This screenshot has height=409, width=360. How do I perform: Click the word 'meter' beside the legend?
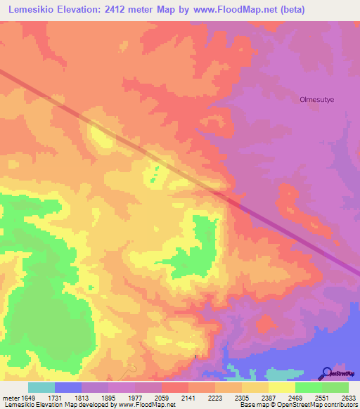[x=11, y=398]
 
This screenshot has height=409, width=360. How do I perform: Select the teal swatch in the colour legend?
[x=41, y=387]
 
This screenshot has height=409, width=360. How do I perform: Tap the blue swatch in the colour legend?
[x=67, y=387]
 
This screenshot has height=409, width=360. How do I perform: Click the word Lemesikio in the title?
[x=32, y=9]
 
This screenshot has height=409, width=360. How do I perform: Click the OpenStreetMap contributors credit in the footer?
[x=316, y=405]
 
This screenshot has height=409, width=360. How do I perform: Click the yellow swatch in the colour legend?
[x=281, y=387]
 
